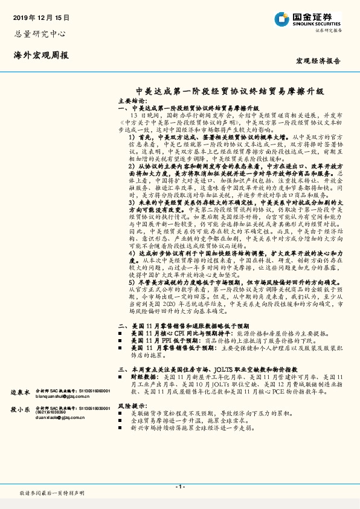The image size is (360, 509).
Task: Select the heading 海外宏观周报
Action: coord(41,55)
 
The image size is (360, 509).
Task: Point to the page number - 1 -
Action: coord(180,487)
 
